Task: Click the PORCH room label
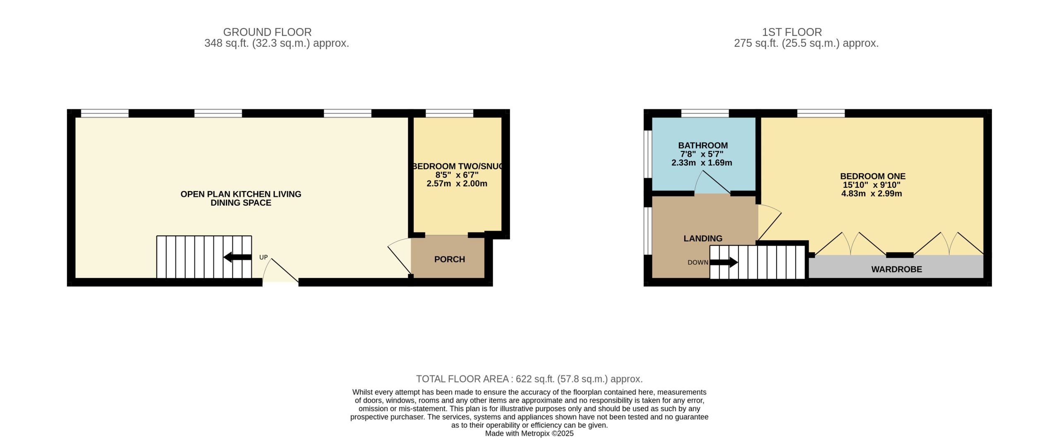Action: (x=449, y=259)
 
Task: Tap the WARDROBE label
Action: (x=896, y=269)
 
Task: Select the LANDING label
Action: (x=703, y=238)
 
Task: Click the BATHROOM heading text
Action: (x=703, y=145)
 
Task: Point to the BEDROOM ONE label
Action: (x=873, y=176)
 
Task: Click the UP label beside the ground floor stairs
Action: (x=264, y=257)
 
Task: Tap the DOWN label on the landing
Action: (x=698, y=262)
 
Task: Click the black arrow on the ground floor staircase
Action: (x=237, y=257)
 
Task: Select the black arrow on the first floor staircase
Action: (x=724, y=262)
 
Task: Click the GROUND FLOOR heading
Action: (x=267, y=32)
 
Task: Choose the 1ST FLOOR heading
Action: (x=792, y=32)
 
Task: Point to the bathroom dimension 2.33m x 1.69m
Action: (x=702, y=163)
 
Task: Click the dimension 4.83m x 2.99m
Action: (x=872, y=194)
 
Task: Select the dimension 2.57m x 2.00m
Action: (x=457, y=184)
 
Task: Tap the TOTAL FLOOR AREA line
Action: (x=529, y=379)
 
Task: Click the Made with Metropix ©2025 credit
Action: (x=529, y=433)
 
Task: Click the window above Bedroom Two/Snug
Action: (x=449, y=113)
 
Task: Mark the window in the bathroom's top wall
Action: (x=705, y=113)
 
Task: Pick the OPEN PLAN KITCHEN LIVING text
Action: (x=241, y=194)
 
